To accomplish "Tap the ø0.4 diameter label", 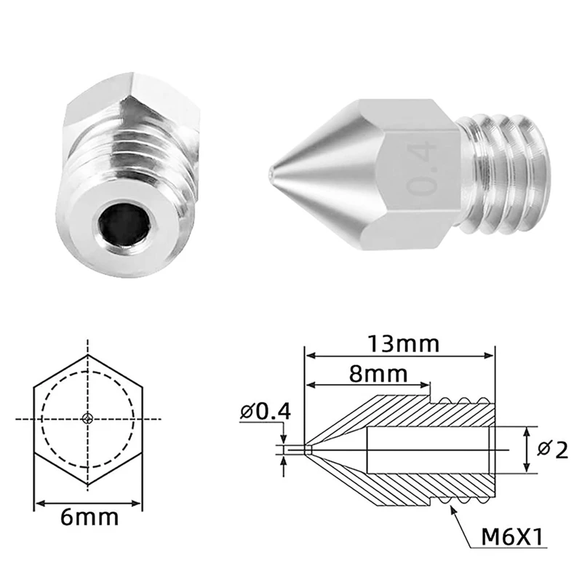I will (265, 412).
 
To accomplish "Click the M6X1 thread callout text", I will (513, 540).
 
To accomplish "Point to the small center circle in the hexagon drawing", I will (88, 418).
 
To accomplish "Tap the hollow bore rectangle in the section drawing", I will (429, 450).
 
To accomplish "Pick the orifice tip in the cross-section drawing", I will (308, 450).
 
